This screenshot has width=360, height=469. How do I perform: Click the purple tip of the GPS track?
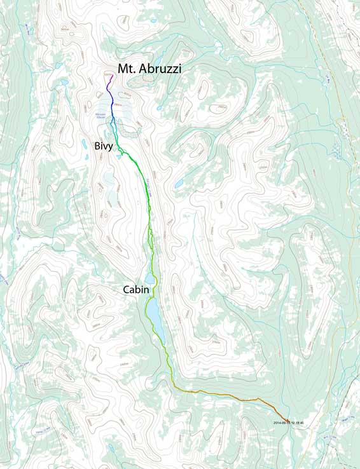(111, 78)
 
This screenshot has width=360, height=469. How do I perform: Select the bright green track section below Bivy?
(137, 167)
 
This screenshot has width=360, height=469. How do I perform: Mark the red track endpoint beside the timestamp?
(287, 419)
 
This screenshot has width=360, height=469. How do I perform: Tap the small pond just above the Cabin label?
(149, 278)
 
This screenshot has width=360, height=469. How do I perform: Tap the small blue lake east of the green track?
(180, 184)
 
